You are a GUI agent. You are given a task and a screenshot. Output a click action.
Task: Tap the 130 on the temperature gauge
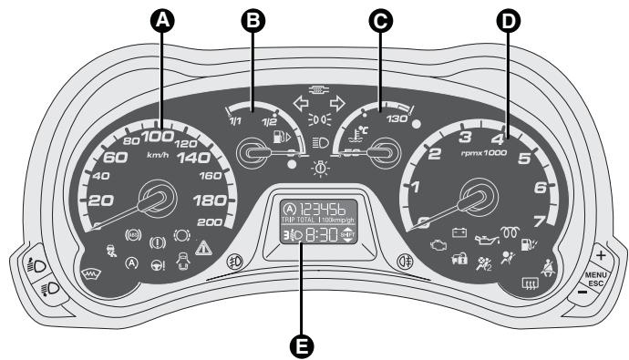397,118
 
